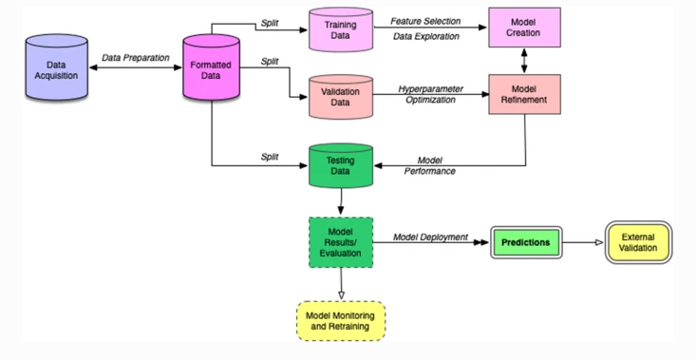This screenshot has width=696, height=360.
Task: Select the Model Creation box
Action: pyautogui.click(x=523, y=28)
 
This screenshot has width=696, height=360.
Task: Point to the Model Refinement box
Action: pyautogui.click(x=523, y=93)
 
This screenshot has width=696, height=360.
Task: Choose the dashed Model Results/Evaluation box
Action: pyautogui.click(x=340, y=242)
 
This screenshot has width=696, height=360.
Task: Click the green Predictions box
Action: pyautogui.click(x=525, y=242)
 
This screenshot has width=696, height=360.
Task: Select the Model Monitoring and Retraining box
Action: pyautogui.click(x=340, y=319)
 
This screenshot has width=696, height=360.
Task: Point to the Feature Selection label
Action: pyautogui.click(x=424, y=20)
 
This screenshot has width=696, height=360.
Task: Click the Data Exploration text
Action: pyautogui.click(x=424, y=37)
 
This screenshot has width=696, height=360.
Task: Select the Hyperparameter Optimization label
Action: pyautogui.click(x=430, y=92)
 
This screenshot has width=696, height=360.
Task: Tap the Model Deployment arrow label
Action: pyautogui.click(x=431, y=237)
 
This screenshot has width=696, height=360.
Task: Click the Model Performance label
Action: pyautogui.click(x=436, y=165)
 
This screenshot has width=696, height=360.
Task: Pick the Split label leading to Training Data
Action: pyautogui.click(x=270, y=21)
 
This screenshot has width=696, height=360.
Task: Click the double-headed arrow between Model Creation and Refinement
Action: pyautogui.click(x=523, y=60)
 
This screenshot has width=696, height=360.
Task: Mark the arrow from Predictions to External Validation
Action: pyautogui.click(x=582, y=242)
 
